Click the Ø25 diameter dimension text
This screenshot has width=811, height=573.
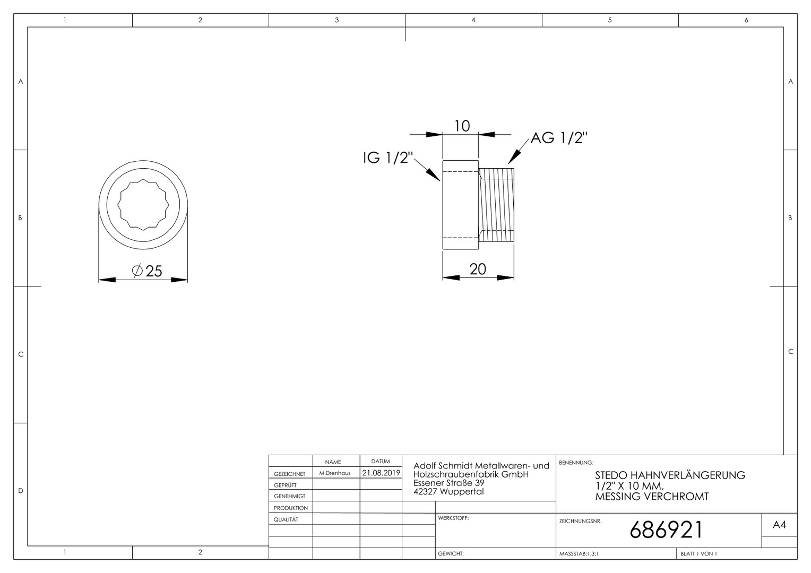click(x=147, y=271)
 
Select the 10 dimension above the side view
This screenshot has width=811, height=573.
click(x=462, y=126)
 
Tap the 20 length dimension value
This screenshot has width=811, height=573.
click(x=478, y=269)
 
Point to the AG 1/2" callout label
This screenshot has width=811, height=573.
click(x=559, y=138)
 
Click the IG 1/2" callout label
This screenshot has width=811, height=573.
click(x=388, y=158)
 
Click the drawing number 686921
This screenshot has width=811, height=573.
click(x=666, y=530)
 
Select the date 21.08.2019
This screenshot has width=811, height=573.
click(x=381, y=473)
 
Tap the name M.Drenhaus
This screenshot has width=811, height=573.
click(x=334, y=473)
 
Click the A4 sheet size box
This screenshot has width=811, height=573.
click(x=779, y=525)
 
